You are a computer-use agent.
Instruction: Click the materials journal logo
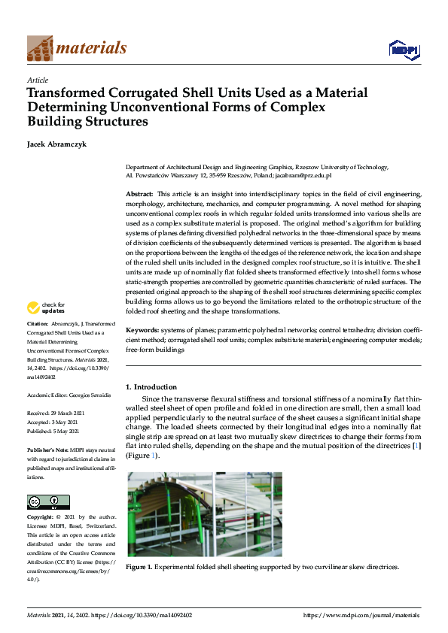point(76,48)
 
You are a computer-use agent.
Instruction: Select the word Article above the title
point(37,80)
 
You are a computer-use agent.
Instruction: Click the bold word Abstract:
point(139,194)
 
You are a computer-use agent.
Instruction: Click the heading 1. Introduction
point(151,386)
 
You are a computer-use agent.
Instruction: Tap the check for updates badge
point(47,307)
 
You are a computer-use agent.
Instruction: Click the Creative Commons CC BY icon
point(48,502)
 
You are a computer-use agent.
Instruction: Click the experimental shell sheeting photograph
point(203,514)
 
